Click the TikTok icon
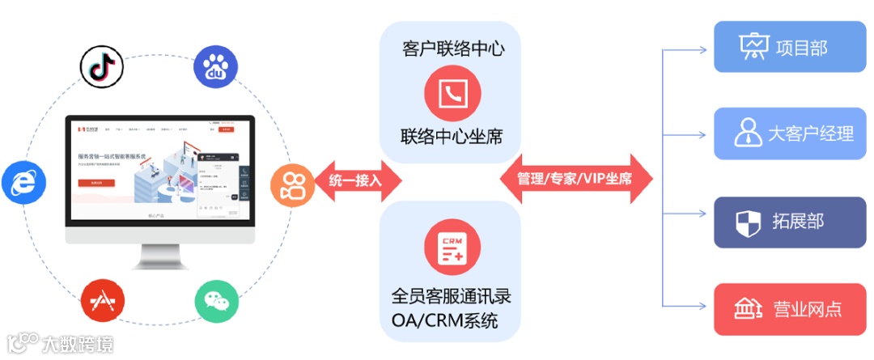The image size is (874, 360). (102, 66)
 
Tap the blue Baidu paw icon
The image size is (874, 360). (215, 67)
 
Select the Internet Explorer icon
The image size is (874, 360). (23, 181)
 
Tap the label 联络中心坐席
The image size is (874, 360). (451, 136)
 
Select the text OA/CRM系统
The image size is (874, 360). (444, 321)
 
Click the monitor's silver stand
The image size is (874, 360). (159, 256)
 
